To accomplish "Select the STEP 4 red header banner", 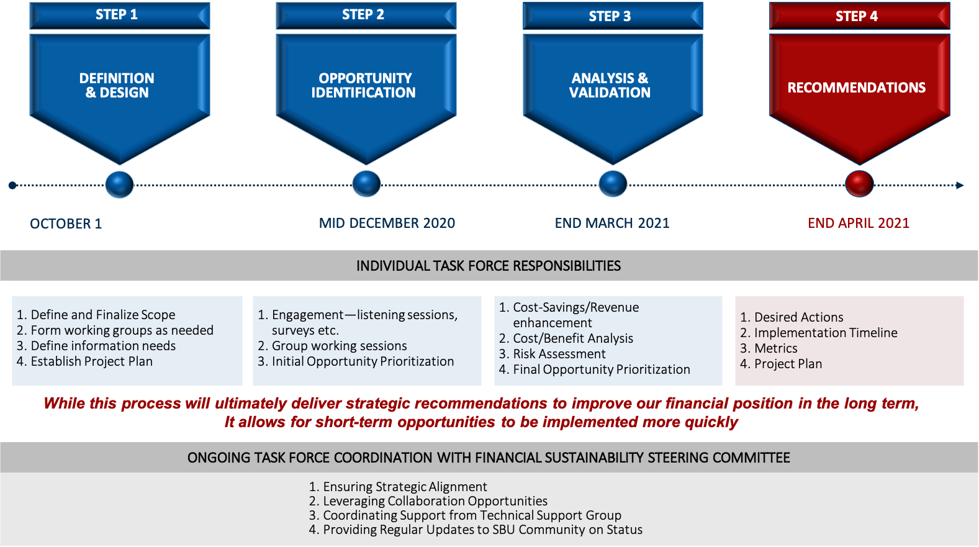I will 859,16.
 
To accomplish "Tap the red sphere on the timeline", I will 859,184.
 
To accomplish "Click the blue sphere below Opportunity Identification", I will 366,184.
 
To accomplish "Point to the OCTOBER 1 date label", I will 66,224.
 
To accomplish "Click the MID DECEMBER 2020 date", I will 387,223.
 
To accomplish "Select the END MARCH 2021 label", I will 612,223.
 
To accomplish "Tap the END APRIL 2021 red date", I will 859,223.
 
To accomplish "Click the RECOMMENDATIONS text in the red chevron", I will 856,88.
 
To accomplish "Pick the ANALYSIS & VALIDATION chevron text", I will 610,86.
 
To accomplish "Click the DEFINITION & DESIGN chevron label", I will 117,86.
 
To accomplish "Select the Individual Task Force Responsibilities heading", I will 489,266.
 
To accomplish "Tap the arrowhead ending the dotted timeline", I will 960,185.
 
